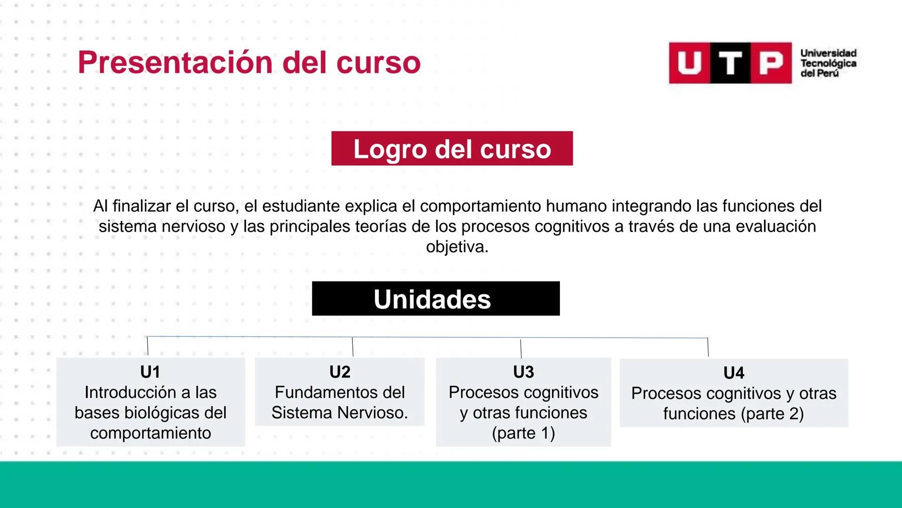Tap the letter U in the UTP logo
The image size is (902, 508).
tap(689, 63)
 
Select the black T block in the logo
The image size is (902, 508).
tap(731, 63)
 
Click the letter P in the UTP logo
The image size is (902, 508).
tap(771, 63)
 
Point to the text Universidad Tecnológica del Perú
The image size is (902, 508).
tap(828, 63)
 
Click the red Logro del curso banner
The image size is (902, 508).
tap(452, 149)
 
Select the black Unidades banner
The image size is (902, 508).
tap(435, 299)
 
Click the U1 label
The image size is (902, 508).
tap(150, 372)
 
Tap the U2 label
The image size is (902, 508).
tap(340, 372)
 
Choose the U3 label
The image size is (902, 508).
tap(523, 372)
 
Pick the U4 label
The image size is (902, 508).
tap(733, 373)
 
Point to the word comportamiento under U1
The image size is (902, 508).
tap(150, 433)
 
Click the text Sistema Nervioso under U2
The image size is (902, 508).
tap(340, 413)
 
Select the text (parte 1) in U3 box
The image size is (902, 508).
tap(523, 433)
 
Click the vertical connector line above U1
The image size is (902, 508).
tap(148, 346)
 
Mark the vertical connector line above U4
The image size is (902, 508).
tap(708, 347)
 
